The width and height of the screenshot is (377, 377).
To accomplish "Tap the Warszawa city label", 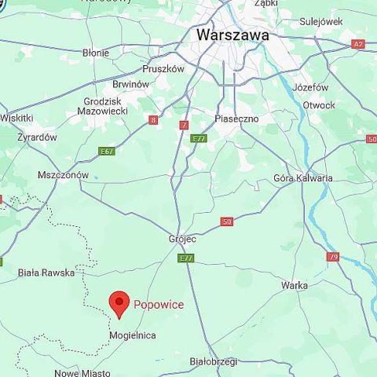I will coord(232,35).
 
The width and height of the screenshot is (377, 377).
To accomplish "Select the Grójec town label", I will coord(183,238).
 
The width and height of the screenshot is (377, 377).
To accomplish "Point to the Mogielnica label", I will coord(132,335).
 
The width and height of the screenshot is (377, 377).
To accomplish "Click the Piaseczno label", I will coord(236,119).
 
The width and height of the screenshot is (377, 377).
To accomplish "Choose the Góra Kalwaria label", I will coord(303,178).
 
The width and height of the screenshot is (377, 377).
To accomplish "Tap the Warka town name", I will coord(295,286).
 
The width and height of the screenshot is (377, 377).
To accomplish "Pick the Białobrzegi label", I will coord(214,362).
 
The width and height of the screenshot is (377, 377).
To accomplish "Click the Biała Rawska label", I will coord(46,273).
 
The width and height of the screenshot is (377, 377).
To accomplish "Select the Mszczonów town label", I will coord(64,175).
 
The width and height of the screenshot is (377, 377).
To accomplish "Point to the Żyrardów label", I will coord(37,137).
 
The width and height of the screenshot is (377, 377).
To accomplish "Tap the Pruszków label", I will coord(163,68).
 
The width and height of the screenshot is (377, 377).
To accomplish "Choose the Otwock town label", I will coord(319,105).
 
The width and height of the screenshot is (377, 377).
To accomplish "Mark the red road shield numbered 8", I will coord(153,119).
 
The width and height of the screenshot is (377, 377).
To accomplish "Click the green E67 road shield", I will coord(107,151).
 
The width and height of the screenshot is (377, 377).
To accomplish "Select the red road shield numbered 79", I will coord(333,257).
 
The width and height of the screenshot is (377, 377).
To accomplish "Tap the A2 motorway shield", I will coord(358,45).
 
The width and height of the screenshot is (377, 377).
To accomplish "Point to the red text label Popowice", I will coord(159,305).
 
